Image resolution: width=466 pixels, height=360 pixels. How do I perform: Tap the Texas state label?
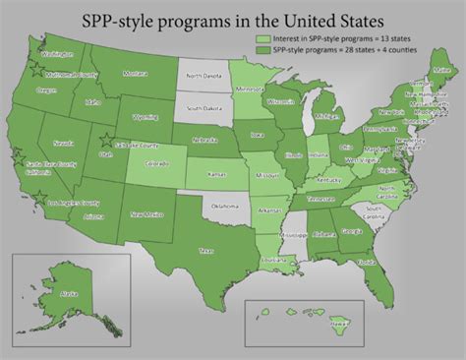[x=205, y=251]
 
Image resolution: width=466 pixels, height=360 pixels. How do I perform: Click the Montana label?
[x=135, y=74]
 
